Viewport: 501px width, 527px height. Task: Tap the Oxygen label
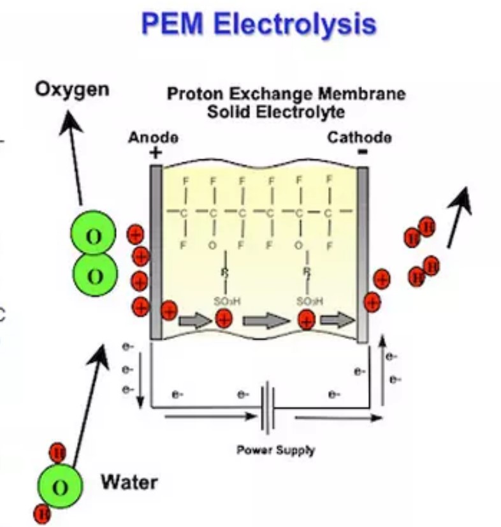72,89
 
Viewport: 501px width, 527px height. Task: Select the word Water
129,481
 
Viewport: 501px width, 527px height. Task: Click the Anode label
153,137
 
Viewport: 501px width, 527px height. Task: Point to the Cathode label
359,137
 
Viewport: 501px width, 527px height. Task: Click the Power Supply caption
276,450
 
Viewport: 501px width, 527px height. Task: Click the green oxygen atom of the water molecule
60,488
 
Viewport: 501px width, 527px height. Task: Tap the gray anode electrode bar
156,252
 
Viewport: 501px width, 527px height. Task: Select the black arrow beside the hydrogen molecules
459,217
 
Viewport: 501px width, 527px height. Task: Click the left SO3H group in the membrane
224,301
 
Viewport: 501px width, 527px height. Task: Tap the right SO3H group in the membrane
309,301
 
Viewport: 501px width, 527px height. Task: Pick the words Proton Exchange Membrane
286,94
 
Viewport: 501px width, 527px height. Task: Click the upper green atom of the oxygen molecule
94,237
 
